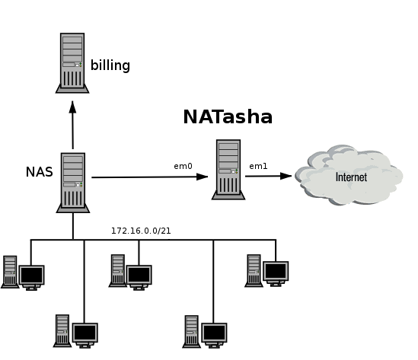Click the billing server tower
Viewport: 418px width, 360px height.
tap(72, 63)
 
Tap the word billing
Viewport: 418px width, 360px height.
tap(110, 65)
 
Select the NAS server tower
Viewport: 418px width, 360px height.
tap(73, 183)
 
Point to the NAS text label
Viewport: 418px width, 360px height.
tap(39, 172)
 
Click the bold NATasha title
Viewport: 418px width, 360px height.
tap(228, 117)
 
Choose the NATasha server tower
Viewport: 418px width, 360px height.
tap(228, 170)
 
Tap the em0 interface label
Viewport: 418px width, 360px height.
tap(183, 166)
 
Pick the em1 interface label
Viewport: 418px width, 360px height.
tap(258, 166)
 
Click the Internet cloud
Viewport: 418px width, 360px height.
tap(349, 175)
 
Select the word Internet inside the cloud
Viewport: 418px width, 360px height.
tap(351, 177)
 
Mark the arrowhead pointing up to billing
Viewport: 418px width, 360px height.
tap(72, 107)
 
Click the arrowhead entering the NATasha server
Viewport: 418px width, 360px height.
tap(202, 177)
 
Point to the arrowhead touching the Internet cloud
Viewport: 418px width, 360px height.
tap(286, 176)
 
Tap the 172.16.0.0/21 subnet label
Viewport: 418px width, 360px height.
tap(141, 231)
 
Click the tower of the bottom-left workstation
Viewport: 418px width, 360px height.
tap(62, 330)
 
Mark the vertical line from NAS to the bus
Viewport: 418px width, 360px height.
tap(73, 227)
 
